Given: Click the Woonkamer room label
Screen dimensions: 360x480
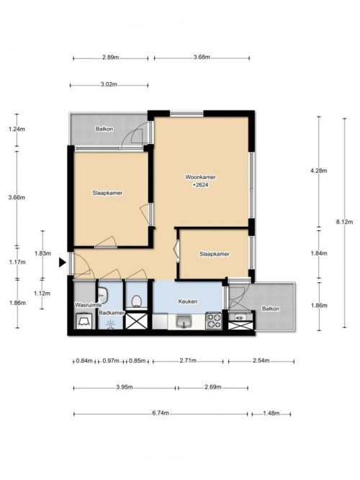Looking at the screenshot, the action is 200,177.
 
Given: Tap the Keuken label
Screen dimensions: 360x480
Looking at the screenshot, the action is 188,302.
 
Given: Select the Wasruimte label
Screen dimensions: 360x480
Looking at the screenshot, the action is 89,305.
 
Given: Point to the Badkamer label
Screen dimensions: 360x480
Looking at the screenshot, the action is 112,313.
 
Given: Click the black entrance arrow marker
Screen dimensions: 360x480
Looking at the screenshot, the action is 63,263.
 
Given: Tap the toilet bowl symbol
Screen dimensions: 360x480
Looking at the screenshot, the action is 136,302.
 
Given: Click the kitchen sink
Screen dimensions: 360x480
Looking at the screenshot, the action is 184,322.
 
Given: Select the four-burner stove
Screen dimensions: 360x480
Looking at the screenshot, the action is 213,320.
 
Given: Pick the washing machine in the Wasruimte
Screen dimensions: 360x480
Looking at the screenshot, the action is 84,321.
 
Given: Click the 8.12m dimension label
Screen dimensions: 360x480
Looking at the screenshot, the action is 344,222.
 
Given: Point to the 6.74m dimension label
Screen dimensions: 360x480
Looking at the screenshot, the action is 161,413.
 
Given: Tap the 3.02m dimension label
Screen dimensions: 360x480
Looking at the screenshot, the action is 109,84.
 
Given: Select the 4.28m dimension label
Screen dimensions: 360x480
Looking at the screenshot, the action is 319,171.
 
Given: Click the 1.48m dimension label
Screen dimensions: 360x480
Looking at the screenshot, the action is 271,413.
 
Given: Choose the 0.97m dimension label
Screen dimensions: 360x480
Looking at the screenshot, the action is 111,361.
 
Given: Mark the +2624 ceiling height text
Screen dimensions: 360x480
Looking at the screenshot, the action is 201,185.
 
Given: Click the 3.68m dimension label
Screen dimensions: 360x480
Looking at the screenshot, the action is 202,57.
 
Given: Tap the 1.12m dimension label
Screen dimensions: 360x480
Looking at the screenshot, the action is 42,294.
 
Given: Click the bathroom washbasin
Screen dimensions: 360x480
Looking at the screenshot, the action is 103,295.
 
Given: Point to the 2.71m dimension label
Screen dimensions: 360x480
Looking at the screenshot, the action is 188,361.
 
